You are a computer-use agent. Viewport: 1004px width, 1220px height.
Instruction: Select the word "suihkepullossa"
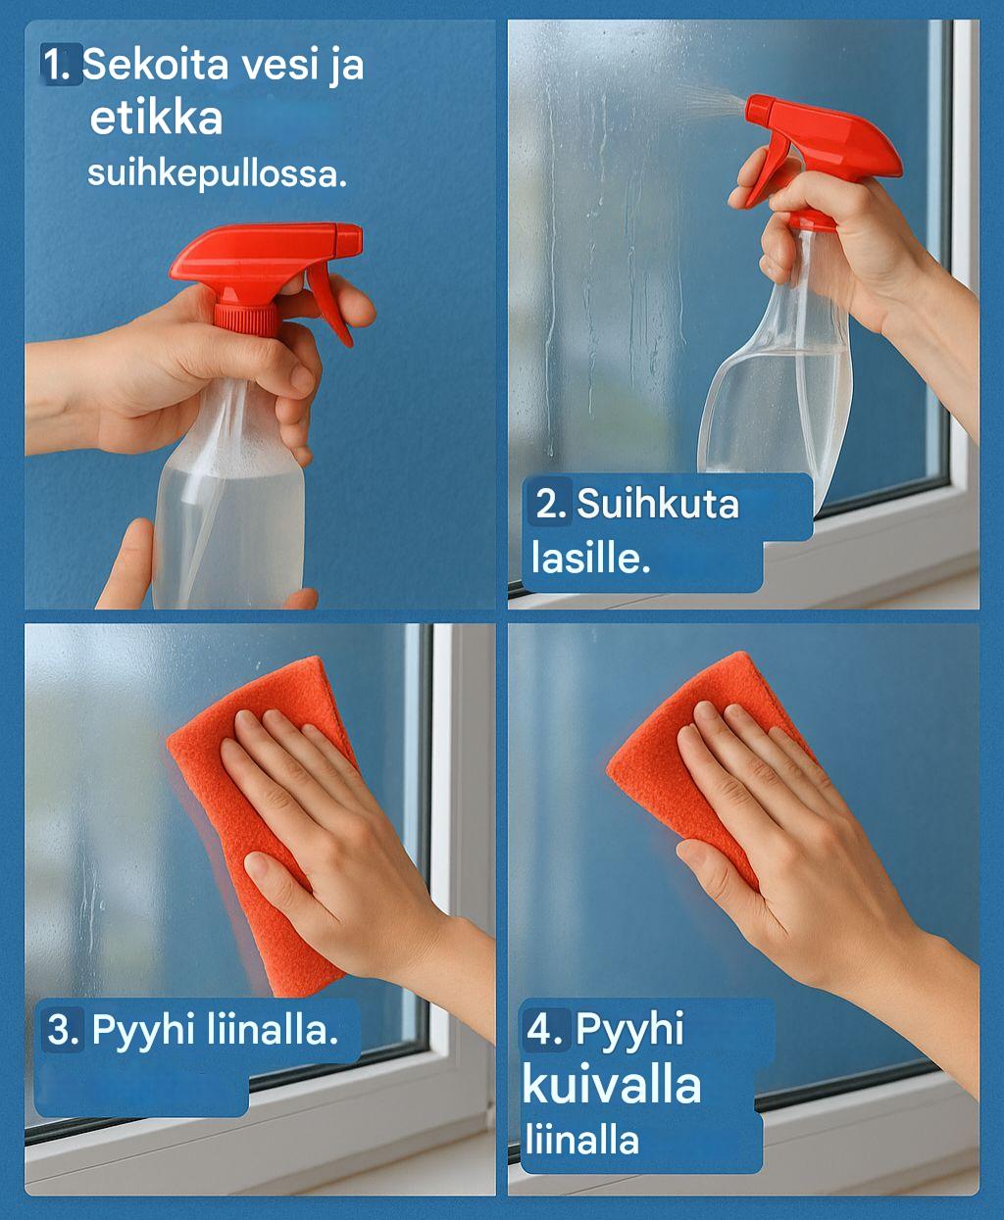tap(217, 173)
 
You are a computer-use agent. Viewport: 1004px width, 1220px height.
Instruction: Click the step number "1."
tap(57, 65)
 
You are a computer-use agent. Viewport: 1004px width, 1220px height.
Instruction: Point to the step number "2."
tap(550, 504)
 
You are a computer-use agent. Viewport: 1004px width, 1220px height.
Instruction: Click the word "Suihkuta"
tap(658, 504)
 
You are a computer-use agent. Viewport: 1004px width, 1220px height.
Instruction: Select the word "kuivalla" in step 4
tap(612, 1085)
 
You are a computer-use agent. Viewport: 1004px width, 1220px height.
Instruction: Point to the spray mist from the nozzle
tap(709, 100)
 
